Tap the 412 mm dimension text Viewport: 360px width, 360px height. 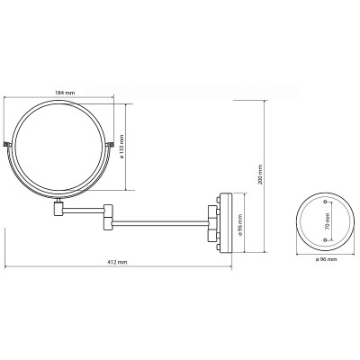pyautogui.click(x=116, y=262)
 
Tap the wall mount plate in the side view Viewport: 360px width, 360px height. pyautogui.click(x=227, y=220)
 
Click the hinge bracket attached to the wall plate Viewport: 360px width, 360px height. pyautogui.click(x=214, y=220)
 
